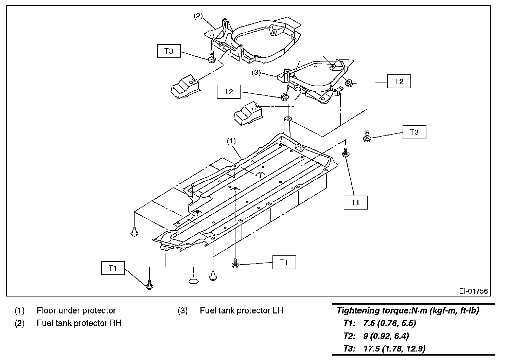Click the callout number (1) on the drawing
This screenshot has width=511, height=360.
231,140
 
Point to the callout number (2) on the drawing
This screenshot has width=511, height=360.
198,15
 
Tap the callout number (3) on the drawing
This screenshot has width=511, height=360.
256,73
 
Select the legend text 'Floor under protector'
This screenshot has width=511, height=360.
76,310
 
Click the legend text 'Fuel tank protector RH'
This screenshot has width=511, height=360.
79,323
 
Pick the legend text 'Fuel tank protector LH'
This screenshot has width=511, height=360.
241,310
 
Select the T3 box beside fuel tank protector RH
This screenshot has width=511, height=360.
169,51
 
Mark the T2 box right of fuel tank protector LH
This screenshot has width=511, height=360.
399,82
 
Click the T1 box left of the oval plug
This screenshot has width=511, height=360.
113,268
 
